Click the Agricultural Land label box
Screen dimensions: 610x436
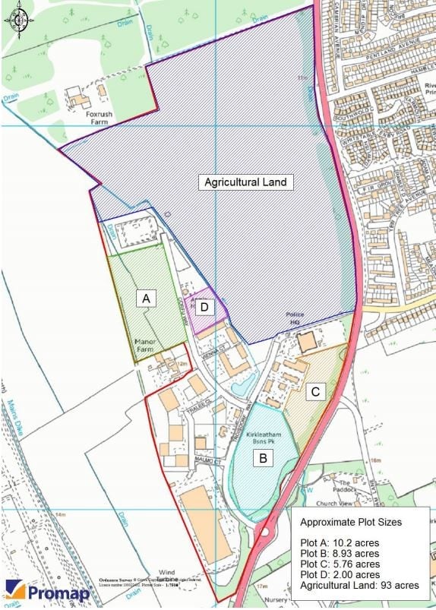pyautogui.click(x=247, y=182)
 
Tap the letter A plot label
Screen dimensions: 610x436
pyautogui.click(x=147, y=299)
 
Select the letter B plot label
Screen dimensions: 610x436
pyautogui.click(x=263, y=458)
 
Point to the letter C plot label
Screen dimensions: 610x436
pyautogui.click(x=318, y=391)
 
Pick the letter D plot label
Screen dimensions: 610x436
pyautogui.click(x=204, y=307)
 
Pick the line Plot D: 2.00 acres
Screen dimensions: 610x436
pyautogui.click(x=340, y=575)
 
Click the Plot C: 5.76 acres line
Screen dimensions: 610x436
pyautogui.click(x=340, y=564)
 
